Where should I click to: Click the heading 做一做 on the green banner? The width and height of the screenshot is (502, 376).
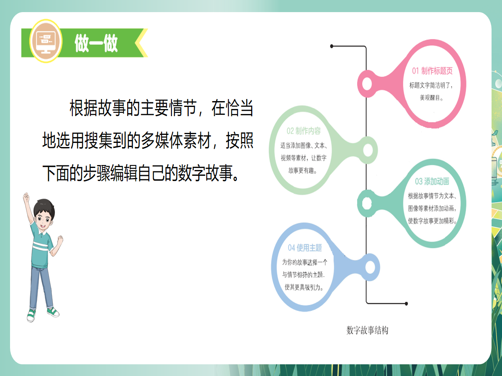coord(96,43)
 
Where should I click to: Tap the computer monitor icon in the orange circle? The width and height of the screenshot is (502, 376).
coord(46,41)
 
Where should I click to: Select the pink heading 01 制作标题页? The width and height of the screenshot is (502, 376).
coord(432,71)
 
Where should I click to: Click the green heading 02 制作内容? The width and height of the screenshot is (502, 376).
coord(304,131)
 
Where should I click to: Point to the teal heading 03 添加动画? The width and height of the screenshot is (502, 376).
coord(432,181)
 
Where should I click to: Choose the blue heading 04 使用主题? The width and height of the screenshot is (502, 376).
coord(305,248)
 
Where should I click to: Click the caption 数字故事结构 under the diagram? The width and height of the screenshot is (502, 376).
coord(367,330)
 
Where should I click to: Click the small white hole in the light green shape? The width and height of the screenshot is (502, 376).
coord(368,150)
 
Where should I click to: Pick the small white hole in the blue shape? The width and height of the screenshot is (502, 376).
coord(369,267)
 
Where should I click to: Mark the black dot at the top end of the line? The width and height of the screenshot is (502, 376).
coord(332,46)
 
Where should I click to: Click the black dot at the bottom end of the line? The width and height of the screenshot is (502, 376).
coord(406,303)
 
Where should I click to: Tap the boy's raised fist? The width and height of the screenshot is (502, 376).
coord(26,197)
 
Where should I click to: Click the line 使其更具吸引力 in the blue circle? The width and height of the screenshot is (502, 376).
coord(304,287)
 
